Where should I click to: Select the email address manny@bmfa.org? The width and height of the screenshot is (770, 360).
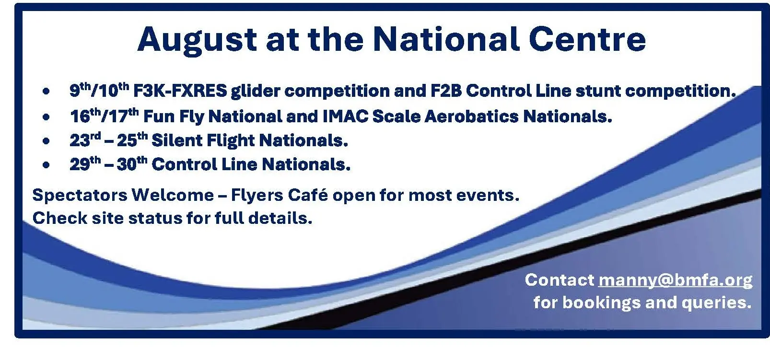coord(676,280)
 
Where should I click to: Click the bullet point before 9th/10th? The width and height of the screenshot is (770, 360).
coord(46,92)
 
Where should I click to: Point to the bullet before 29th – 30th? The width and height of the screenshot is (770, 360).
coord(46,165)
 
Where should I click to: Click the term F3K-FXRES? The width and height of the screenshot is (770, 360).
coord(180,91)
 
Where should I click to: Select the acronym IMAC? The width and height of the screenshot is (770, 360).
coord(346,116)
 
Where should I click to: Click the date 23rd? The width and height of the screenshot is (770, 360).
coord(85,139)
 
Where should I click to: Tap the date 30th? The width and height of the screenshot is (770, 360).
coord(132,163)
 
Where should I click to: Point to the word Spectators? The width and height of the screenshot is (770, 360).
coord(80,195)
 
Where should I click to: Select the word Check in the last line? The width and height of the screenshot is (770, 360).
coord(60,218)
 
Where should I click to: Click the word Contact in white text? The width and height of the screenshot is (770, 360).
coord(560,280)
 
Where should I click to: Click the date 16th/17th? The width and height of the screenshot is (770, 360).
coord(105,116)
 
